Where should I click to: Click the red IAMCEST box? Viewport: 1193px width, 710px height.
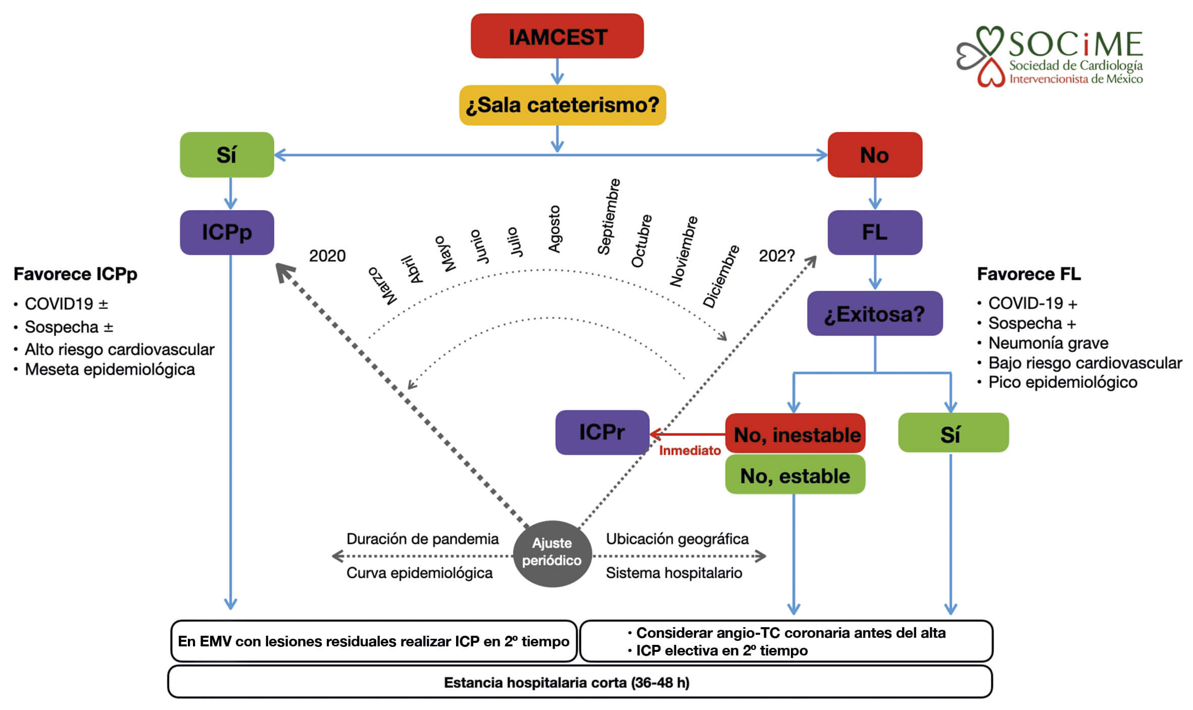click(x=557, y=36)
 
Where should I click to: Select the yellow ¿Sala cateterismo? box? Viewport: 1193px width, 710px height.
click(x=562, y=105)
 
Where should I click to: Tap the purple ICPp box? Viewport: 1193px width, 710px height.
click(x=227, y=232)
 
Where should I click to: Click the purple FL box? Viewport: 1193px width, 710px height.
click(x=874, y=232)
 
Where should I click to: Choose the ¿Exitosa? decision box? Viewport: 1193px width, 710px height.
click(x=874, y=314)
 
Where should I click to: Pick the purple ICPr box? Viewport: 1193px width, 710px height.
click(x=602, y=432)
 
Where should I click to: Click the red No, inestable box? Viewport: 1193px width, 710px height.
click(x=795, y=434)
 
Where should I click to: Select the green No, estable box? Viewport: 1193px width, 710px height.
click(x=795, y=475)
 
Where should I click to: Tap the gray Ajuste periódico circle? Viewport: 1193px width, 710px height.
click(x=552, y=552)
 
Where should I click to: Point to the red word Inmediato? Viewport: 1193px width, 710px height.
click(x=689, y=450)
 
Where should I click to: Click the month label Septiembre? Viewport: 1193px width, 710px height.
click(x=608, y=217)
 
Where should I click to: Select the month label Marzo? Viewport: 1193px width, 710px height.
click(x=382, y=286)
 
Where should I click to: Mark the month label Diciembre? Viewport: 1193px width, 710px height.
click(x=721, y=277)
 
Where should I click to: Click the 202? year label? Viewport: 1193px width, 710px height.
click(x=776, y=256)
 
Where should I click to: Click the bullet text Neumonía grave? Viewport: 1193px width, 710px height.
click(x=1048, y=343)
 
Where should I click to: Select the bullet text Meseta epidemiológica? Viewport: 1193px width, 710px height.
click(x=110, y=370)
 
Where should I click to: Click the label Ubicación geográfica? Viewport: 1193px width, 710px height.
click(x=677, y=539)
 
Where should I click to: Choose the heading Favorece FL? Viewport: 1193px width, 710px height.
click(x=1028, y=274)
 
